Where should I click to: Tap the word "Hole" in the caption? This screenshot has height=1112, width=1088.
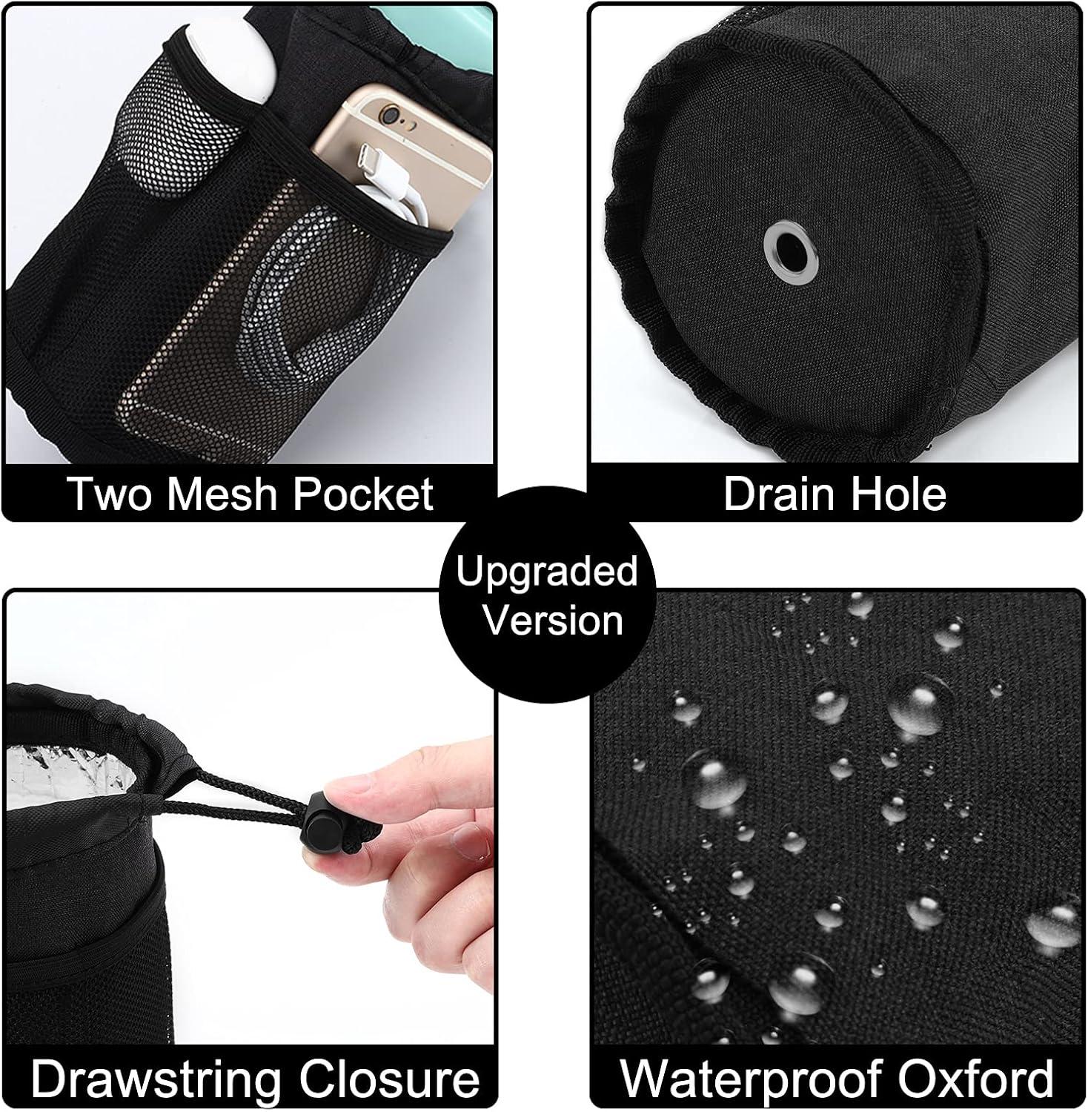[893, 494]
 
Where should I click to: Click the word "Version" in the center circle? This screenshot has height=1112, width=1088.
[553, 620]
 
